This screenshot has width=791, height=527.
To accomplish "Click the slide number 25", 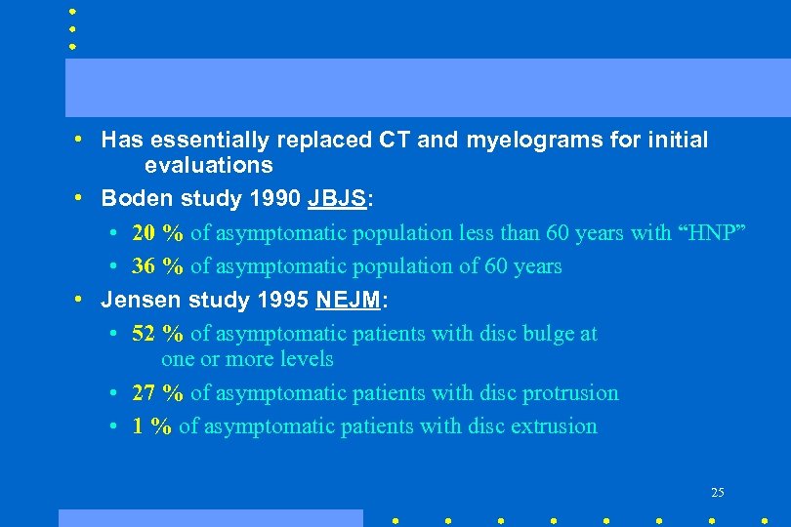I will coord(718,492).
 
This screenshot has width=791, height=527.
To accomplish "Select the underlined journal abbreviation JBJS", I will coord(337,199).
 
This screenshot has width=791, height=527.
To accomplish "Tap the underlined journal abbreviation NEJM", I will coord(348,300).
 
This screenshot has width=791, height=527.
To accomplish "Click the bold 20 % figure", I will coord(157,233).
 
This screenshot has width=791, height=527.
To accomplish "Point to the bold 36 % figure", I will coord(157,266).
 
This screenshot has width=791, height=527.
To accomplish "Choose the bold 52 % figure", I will coord(157,334).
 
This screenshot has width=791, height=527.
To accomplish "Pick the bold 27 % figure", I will coord(157,393).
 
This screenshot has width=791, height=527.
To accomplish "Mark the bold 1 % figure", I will coord(151,426).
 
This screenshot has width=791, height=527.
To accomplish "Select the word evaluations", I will coord(208,166).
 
